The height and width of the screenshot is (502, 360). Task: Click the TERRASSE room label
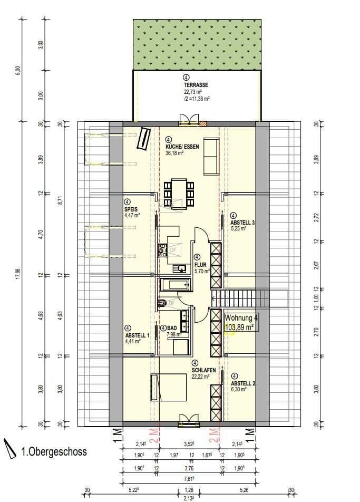[196, 85]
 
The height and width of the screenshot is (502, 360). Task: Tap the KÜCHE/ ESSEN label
[182, 147]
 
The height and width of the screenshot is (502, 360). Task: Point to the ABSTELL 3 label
[242, 223]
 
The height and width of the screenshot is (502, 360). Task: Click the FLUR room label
[201, 265]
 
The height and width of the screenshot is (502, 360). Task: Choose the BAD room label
[172, 327]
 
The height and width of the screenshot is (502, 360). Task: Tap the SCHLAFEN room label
[201, 370]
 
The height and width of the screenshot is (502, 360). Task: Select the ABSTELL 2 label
[243, 383]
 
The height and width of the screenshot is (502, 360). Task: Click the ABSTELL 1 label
[138, 335]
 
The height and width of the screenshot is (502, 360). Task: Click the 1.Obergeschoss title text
[54, 452]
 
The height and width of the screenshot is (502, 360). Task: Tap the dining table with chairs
[179, 192]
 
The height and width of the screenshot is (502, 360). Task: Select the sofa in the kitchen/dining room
[211, 157]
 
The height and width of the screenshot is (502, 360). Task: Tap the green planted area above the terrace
[197, 45]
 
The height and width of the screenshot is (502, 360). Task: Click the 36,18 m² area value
[174, 153]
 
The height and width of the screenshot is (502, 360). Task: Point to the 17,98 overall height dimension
[18, 275]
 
